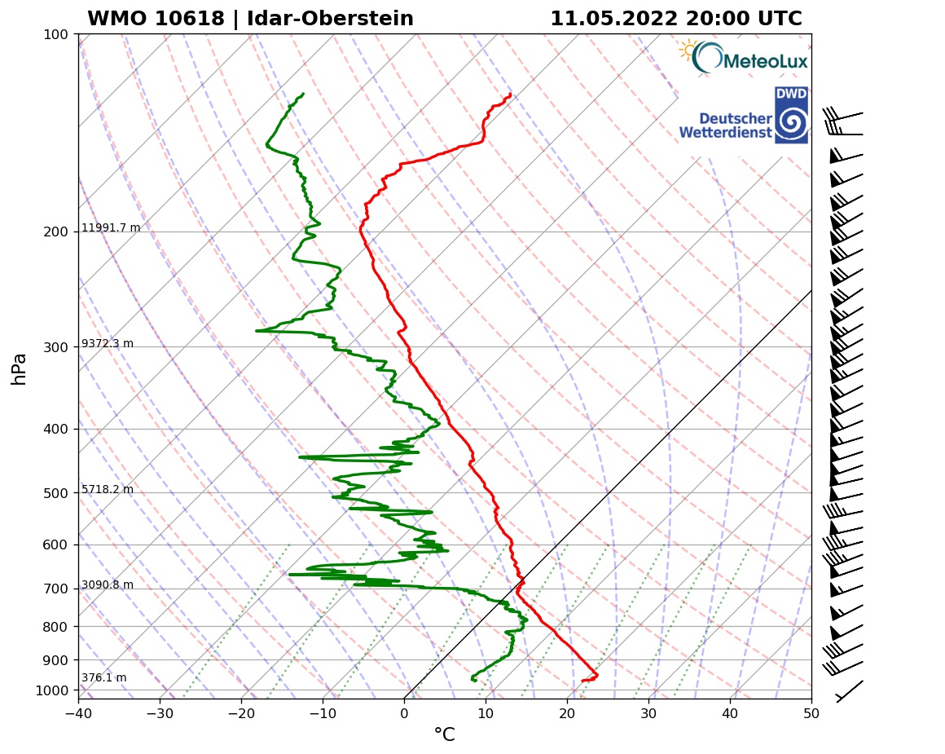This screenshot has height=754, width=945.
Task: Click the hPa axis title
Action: [20, 368]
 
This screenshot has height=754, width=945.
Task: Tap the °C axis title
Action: [444, 735]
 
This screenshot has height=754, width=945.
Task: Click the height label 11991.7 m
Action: [111, 227]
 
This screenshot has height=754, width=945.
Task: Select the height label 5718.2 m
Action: [108, 489]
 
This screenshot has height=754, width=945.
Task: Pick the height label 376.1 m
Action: [103, 677]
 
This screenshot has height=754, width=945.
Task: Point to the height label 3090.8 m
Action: [108, 584]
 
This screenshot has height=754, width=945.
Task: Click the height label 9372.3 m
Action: [108, 343]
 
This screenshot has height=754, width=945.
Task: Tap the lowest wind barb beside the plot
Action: [849, 691]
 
